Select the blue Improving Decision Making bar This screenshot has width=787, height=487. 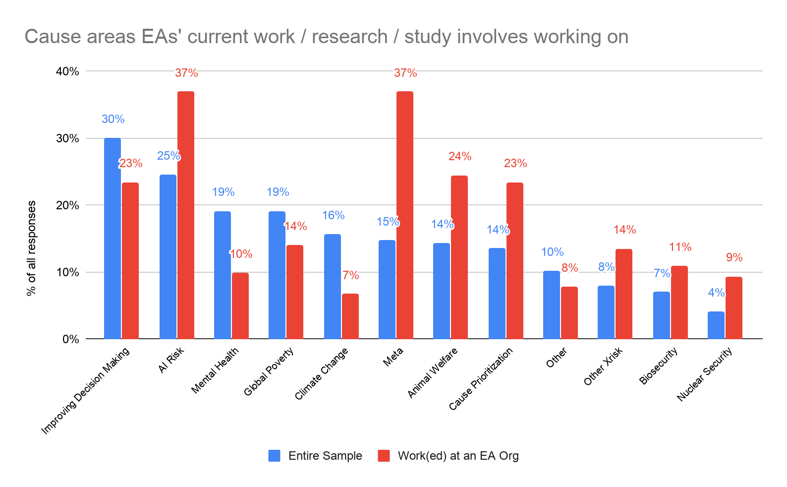coord(112,238)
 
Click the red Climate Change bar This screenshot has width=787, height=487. coord(350,316)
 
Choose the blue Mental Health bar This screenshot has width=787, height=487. coord(223,275)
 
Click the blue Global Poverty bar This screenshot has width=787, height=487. coord(277,275)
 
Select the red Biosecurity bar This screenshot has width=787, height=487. coord(679,302)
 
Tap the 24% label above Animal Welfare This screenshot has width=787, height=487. coord(460,156)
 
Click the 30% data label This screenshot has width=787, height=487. coord(113,119)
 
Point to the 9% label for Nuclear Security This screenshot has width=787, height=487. coord(734,257)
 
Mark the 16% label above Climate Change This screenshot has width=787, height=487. coord(333,215)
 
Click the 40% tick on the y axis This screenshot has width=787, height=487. coord(67,71)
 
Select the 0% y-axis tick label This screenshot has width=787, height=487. coord(70,339)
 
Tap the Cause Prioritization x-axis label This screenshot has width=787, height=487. coord(481,379)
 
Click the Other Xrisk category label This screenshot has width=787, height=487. coord(603,366)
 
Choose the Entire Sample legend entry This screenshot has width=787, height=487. coord(315,456)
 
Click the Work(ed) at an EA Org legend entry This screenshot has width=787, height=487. coord(448,456)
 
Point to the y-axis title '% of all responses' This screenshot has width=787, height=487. coord(32,248)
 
